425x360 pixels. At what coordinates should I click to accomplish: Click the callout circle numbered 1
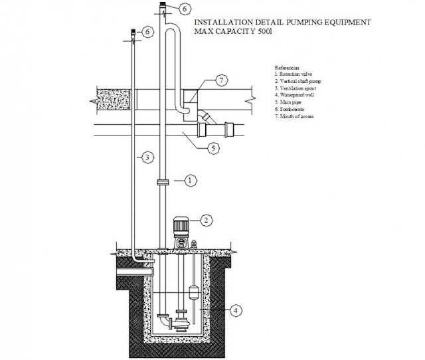click(x=189, y=180)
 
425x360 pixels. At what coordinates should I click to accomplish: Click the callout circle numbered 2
click(x=207, y=221)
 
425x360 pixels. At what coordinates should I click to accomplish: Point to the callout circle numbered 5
click(x=212, y=148)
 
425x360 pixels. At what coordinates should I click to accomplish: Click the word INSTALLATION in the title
click(x=220, y=23)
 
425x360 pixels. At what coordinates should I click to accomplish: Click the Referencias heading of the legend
click(x=288, y=68)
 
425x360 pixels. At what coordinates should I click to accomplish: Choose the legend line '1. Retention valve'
click(x=294, y=74)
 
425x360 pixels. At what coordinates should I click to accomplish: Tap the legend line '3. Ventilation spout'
click(x=296, y=87)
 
